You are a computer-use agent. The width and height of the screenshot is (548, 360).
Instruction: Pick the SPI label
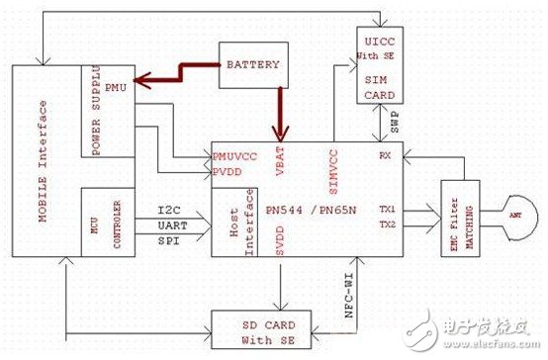(x=169, y=242)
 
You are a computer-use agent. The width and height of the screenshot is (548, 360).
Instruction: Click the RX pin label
(x=384, y=156)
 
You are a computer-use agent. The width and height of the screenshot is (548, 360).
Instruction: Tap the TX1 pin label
(x=388, y=211)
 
